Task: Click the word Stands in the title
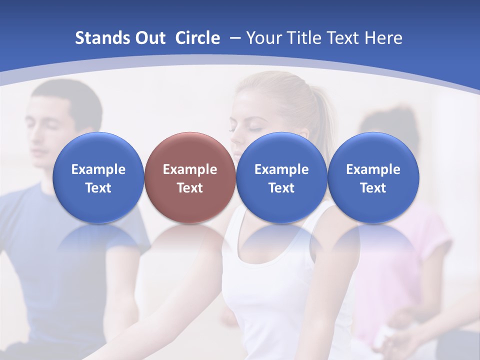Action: (x=101, y=38)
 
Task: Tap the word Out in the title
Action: (x=149, y=38)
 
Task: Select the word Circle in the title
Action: (x=197, y=38)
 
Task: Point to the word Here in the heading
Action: (x=383, y=38)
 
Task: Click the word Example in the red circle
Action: (x=190, y=169)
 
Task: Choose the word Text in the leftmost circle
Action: (x=98, y=188)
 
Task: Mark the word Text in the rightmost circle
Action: (x=373, y=188)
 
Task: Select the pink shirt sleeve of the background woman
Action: (x=430, y=235)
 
